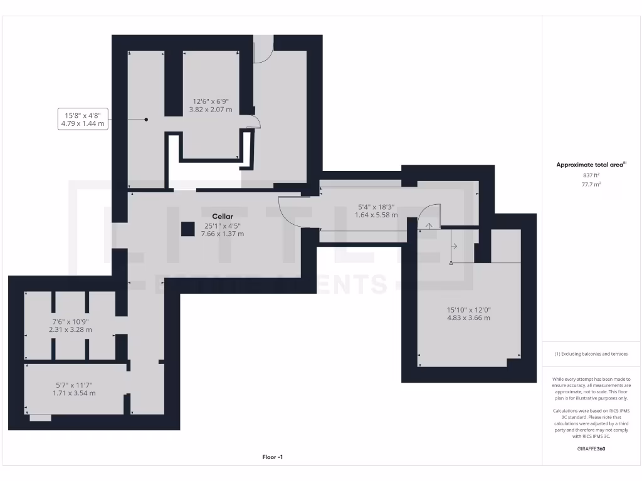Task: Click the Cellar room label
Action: [x=222, y=217]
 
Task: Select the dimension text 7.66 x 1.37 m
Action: [x=222, y=234]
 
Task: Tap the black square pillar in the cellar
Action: [x=187, y=229]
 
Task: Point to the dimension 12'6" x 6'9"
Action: [x=211, y=101]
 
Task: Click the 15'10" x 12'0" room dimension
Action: [x=468, y=309]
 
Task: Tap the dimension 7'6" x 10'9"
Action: [x=70, y=321]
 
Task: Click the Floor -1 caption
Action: [x=273, y=457]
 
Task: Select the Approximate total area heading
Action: [x=591, y=165]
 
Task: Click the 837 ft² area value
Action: [x=591, y=175]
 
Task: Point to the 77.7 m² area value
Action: [x=591, y=185]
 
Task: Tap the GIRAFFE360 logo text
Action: [x=591, y=448]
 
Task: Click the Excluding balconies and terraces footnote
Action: [x=591, y=354]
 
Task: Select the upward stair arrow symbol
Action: [x=429, y=225]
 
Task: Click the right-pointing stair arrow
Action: [x=454, y=246]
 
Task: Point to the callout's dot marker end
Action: [x=146, y=119]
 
